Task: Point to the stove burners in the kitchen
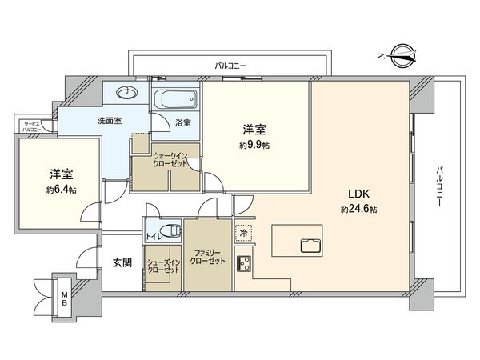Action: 244,262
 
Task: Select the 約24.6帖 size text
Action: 358,208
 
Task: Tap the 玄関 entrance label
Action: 122,262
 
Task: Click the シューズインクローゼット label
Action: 162,266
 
